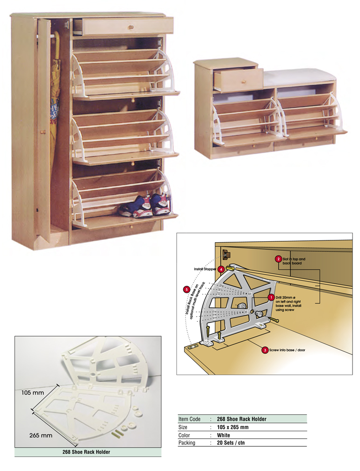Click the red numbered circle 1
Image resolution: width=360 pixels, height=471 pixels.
(271, 297)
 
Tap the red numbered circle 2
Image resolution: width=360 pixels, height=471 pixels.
(278, 259)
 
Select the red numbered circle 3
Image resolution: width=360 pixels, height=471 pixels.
(265, 350)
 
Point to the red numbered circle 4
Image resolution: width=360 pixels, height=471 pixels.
(221, 269)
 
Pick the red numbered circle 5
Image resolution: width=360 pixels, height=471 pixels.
(187, 290)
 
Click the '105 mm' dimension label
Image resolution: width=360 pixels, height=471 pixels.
(32, 392)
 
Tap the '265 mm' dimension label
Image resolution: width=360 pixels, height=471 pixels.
(41, 435)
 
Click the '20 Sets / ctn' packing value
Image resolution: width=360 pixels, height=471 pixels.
(230, 443)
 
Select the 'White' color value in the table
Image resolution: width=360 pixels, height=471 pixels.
(223, 435)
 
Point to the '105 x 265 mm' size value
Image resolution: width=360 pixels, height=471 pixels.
(233, 427)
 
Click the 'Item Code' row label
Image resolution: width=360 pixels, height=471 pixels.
(189, 419)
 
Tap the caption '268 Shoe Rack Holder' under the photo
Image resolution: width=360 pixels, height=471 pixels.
(86, 452)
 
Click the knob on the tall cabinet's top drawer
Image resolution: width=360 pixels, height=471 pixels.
(130, 28)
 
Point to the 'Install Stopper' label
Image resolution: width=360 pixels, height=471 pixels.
(205, 269)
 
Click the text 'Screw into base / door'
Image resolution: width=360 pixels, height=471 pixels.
(287, 350)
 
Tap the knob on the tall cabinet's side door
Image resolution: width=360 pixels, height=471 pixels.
(43, 132)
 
